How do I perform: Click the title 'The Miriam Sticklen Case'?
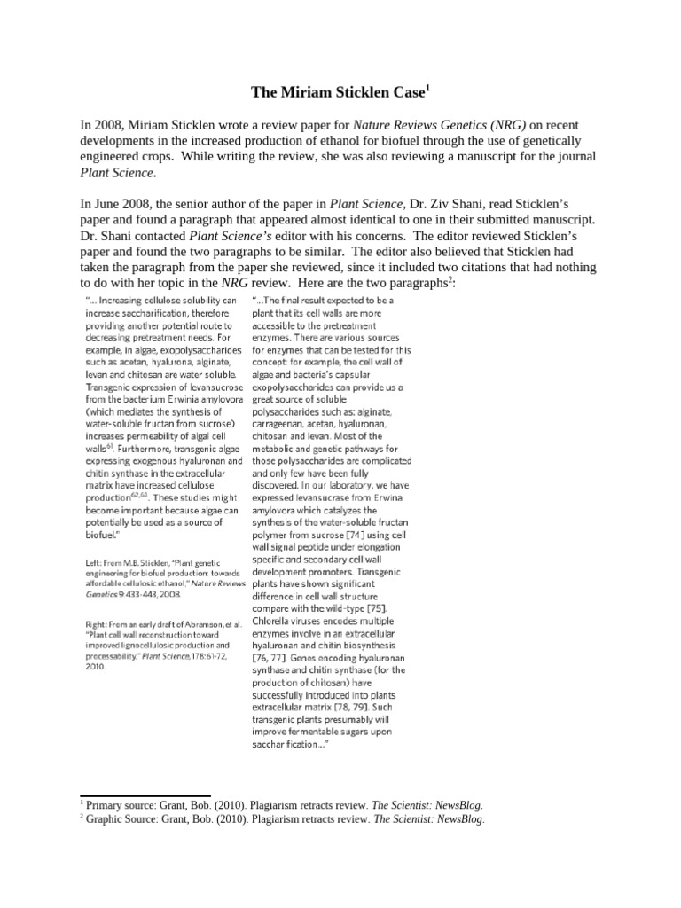tap(335, 91)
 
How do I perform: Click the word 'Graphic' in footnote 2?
tap(106, 819)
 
